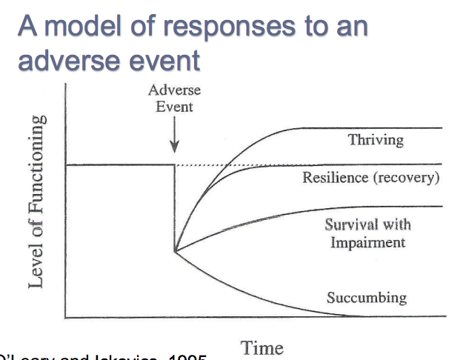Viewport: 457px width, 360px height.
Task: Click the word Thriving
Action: [376, 139]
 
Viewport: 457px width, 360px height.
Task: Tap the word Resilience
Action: [333, 178]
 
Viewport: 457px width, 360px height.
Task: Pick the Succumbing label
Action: [367, 298]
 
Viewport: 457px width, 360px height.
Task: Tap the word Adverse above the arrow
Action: [174, 90]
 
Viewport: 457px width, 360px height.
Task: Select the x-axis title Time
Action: [261, 347]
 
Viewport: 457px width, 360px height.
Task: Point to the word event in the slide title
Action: [162, 59]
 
